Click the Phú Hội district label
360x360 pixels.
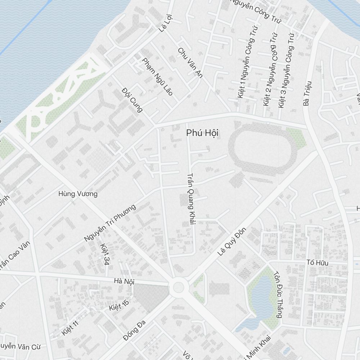[202, 133]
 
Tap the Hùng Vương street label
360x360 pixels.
[78, 194]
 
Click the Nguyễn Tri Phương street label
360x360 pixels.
[110, 223]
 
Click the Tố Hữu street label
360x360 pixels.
[317, 263]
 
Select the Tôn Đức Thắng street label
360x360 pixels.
[278, 294]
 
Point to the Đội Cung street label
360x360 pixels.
[132, 99]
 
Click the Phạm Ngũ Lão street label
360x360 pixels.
[157, 77]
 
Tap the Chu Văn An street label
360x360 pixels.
[190, 62]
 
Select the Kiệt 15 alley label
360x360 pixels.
[119, 305]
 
